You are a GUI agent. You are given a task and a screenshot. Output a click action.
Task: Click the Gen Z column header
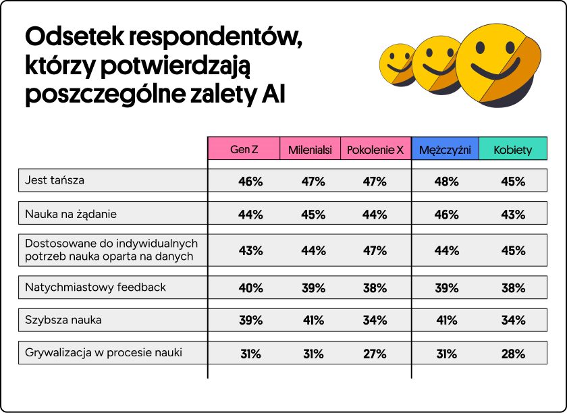point(244,149)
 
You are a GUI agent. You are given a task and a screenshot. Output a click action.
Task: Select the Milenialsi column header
point(310,149)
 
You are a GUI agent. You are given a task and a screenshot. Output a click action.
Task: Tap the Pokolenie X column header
point(375,149)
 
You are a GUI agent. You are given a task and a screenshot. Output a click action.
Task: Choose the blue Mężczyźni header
point(446,149)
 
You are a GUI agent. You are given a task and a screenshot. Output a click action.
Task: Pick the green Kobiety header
point(512,149)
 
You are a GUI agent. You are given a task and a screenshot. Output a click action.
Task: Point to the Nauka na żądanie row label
point(70,215)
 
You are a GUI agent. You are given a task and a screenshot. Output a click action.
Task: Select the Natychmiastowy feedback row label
point(95,287)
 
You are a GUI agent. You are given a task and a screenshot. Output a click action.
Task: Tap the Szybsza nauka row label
point(63,320)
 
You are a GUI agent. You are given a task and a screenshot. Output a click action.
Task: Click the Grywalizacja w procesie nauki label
point(103,352)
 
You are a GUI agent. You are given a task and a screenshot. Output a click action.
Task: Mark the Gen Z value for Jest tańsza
point(250,182)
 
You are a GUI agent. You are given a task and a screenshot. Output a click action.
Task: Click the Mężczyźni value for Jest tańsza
point(446,182)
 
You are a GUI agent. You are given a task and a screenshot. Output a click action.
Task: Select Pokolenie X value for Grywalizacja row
point(375,354)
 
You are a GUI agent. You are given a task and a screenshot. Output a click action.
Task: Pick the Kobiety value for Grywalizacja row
point(513,354)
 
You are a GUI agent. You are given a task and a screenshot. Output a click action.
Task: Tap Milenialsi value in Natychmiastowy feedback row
point(313,288)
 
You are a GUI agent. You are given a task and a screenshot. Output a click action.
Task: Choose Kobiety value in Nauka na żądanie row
point(513,215)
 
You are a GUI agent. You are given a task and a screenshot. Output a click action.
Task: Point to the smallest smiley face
point(398,65)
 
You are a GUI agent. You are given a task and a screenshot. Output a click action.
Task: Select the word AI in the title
point(273,94)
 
